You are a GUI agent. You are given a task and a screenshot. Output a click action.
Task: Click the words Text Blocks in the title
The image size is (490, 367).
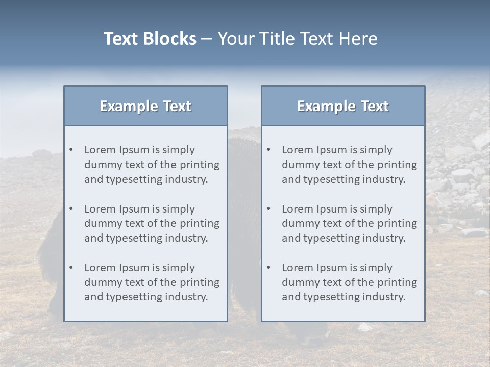(150, 39)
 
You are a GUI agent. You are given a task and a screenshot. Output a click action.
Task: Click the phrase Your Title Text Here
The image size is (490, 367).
(298, 39)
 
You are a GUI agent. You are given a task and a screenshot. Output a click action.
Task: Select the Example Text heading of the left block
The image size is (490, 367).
(145, 106)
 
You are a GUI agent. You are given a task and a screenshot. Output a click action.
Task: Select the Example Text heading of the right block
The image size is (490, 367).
(343, 106)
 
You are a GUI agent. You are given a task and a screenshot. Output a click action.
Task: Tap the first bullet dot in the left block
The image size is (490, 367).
(71, 150)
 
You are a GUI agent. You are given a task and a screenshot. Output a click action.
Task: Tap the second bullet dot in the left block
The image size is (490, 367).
(71, 209)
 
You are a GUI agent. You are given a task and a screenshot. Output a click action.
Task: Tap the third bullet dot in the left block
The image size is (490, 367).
(71, 268)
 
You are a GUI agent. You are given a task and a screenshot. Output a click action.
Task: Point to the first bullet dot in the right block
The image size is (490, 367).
(269, 150)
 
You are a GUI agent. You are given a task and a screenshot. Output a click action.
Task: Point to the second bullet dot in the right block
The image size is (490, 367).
(269, 209)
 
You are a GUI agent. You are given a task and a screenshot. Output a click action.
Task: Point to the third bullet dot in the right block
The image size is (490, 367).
(269, 268)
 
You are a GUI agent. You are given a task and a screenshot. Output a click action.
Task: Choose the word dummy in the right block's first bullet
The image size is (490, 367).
(299, 165)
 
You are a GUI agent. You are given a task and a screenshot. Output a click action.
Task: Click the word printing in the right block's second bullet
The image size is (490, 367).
(396, 223)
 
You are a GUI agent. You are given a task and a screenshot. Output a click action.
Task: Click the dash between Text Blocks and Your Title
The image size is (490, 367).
(207, 39)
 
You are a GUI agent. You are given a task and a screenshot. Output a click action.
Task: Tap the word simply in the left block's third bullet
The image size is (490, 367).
(179, 268)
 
